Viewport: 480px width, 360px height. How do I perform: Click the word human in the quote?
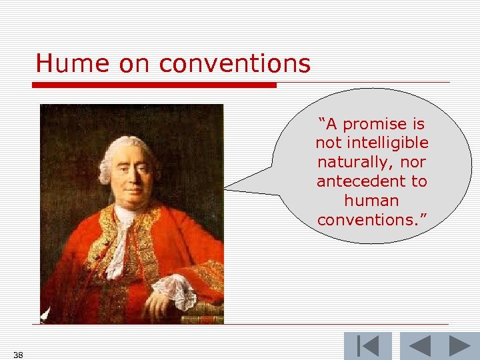click(x=371, y=201)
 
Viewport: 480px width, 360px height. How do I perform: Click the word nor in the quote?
click(x=413, y=163)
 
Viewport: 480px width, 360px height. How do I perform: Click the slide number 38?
click(x=18, y=355)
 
